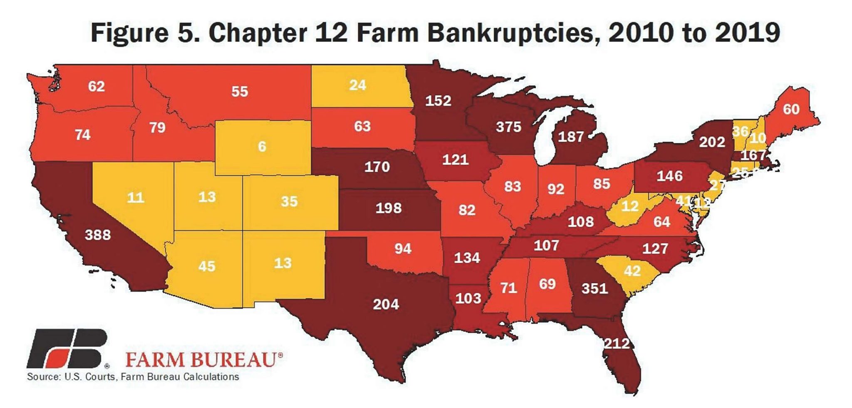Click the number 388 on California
(x=98, y=235)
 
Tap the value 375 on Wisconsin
(x=508, y=127)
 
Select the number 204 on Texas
(x=386, y=305)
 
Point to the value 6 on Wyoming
(x=262, y=147)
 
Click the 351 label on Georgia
(x=594, y=289)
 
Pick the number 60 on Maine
(x=791, y=109)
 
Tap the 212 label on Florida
(x=617, y=344)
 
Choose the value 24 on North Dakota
(x=357, y=85)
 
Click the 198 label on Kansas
(x=388, y=208)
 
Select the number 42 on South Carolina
(x=632, y=271)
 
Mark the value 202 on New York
(x=712, y=142)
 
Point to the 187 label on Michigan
(x=570, y=137)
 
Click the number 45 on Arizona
(x=206, y=266)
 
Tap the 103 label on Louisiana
(x=468, y=299)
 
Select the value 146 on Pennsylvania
(x=669, y=176)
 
